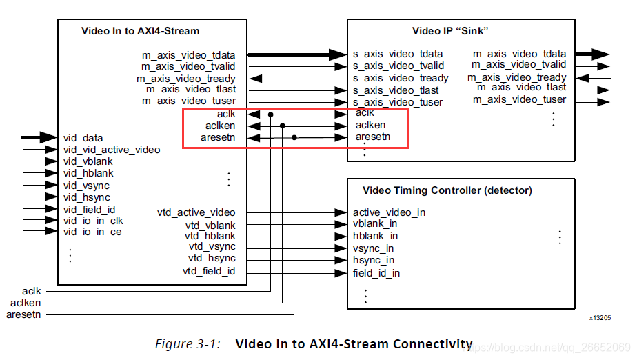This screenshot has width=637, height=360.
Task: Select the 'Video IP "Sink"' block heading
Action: coord(450,31)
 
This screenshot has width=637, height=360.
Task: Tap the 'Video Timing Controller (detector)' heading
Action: coord(447,190)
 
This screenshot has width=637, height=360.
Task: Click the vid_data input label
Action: coord(83,138)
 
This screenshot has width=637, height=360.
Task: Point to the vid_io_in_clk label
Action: coord(93,221)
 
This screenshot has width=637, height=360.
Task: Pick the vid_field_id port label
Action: coord(90,209)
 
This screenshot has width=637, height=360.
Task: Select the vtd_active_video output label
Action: coord(196,212)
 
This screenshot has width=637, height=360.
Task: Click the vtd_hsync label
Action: coord(212,258)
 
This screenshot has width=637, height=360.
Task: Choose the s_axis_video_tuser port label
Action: coord(398,102)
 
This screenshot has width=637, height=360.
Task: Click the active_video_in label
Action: coord(389,212)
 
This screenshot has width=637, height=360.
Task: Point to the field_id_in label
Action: coord(376,273)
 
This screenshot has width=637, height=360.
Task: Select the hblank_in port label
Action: coord(375,236)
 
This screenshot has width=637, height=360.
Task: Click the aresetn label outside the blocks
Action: coord(23,314)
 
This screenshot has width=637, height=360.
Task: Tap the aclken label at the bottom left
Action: coord(26,303)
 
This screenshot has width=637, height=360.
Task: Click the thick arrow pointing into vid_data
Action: coord(39,137)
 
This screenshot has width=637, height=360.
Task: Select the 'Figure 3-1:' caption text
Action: coord(188,344)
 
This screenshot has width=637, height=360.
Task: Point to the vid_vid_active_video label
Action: coord(112,150)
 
